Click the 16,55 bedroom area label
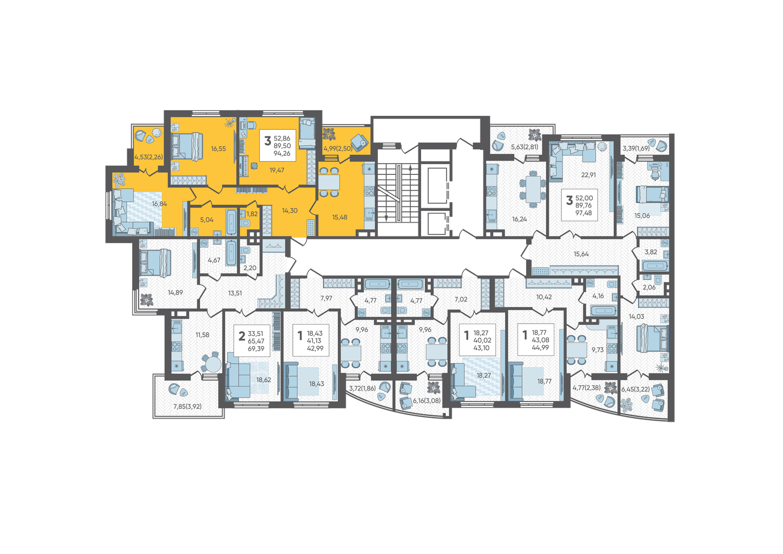pyautogui.click(x=218, y=149)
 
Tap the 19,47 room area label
pyautogui.click(x=276, y=170)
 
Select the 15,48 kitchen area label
pyautogui.click(x=339, y=217)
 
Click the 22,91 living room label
pyautogui.click(x=588, y=174)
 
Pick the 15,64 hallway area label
pyautogui.click(x=581, y=254)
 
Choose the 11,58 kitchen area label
pyautogui.click(x=203, y=334)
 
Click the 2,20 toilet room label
pyautogui.click(x=250, y=268)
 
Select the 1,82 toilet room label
pyautogui.click(x=252, y=214)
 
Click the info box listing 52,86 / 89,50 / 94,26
pyautogui.click(x=278, y=146)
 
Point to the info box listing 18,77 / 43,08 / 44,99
pyautogui.click(x=536, y=339)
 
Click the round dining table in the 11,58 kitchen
pyautogui.click(x=212, y=364)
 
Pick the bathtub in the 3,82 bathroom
pyautogui.click(x=655, y=266)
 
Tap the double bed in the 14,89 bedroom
pyautogui.click(x=155, y=263)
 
